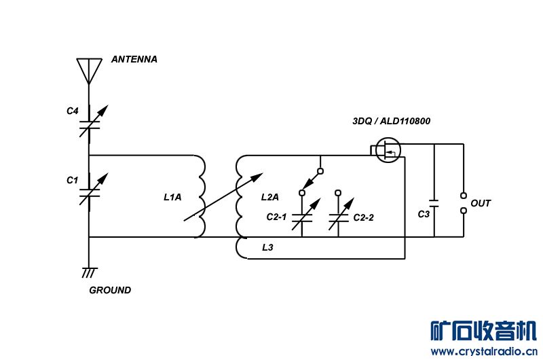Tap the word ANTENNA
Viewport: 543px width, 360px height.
(134, 59)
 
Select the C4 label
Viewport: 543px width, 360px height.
(73, 111)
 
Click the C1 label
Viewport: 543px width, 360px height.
(73, 180)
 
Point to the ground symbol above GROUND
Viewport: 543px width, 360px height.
(89, 272)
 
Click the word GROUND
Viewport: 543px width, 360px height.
(110, 290)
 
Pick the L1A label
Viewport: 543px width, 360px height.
(172, 197)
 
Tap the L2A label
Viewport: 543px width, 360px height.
(269, 197)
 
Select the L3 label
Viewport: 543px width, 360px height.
(267, 247)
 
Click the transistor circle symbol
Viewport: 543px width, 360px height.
(388, 150)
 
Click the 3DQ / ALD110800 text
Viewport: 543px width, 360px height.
(392, 121)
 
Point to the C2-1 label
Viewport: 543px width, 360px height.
(276, 217)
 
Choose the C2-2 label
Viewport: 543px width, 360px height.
(364, 217)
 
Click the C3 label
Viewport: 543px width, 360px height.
(424, 214)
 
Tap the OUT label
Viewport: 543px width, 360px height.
(481, 203)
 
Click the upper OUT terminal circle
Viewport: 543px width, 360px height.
(464, 196)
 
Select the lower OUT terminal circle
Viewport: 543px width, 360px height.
(464, 211)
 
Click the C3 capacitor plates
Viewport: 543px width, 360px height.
(434, 203)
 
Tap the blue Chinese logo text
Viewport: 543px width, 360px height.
(483, 331)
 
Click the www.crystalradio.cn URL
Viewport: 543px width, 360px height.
(484, 351)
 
